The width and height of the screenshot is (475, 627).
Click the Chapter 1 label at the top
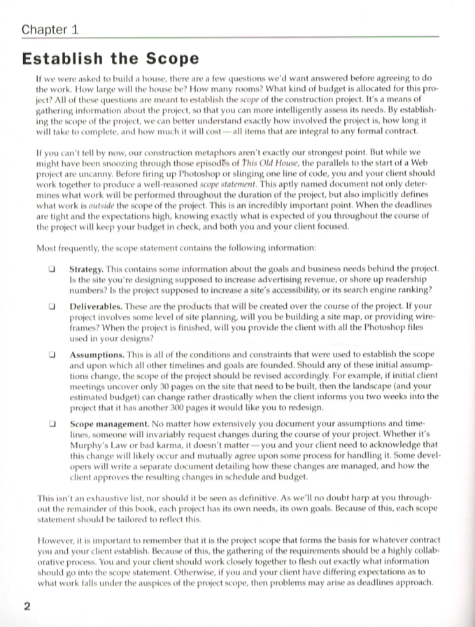(x=50, y=29)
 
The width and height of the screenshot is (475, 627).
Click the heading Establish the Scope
(x=110, y=59)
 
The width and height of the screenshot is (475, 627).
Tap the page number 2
(x=26, y=606)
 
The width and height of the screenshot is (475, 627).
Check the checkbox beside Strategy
(x=52, y=268)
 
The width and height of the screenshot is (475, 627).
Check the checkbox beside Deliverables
(x=52, y=307)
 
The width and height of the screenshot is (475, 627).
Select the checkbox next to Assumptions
(x=52, y=354)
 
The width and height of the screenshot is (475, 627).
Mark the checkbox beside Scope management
(x=52, y=423)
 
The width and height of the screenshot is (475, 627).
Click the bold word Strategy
(x=86, y=268)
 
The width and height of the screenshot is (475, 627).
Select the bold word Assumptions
(x=97, y=354)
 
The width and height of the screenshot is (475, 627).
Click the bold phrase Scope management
(x=108, y=423)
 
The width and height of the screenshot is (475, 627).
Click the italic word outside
(x=111, y=216)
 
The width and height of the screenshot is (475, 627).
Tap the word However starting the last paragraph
(x=57, y=540)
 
